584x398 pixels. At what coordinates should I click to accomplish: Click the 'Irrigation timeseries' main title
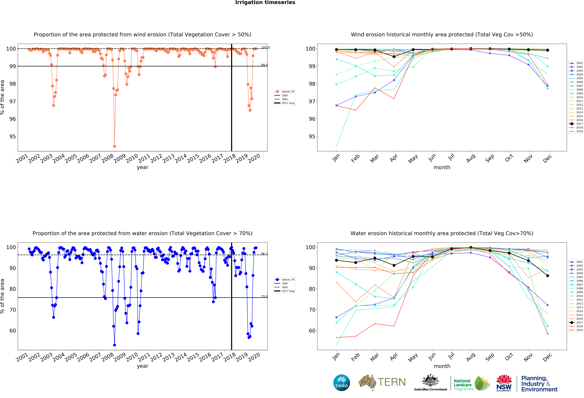point(265,2)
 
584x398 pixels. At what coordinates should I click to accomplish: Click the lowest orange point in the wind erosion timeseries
point(115,146)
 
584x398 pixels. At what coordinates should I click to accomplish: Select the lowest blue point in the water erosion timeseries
point(115,345)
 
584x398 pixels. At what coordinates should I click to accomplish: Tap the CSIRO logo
point(342,383)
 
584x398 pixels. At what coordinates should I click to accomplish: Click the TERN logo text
point(392,382)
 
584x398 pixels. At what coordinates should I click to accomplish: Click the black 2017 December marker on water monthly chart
point(548,276)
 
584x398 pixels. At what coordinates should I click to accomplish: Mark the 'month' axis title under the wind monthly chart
point(442,167)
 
